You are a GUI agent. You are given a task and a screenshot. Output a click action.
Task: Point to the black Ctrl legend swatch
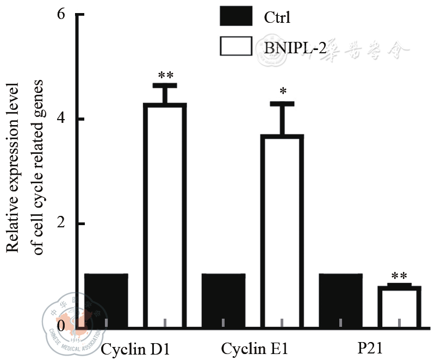[236, 16]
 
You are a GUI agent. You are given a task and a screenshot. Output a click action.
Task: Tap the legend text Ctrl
[277, 18]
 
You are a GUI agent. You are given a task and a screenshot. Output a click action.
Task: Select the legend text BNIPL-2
[295, 48]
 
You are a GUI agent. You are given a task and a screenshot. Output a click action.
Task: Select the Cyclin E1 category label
[253, 348]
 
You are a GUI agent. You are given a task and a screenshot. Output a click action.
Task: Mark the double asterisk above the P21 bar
[399, 276]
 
